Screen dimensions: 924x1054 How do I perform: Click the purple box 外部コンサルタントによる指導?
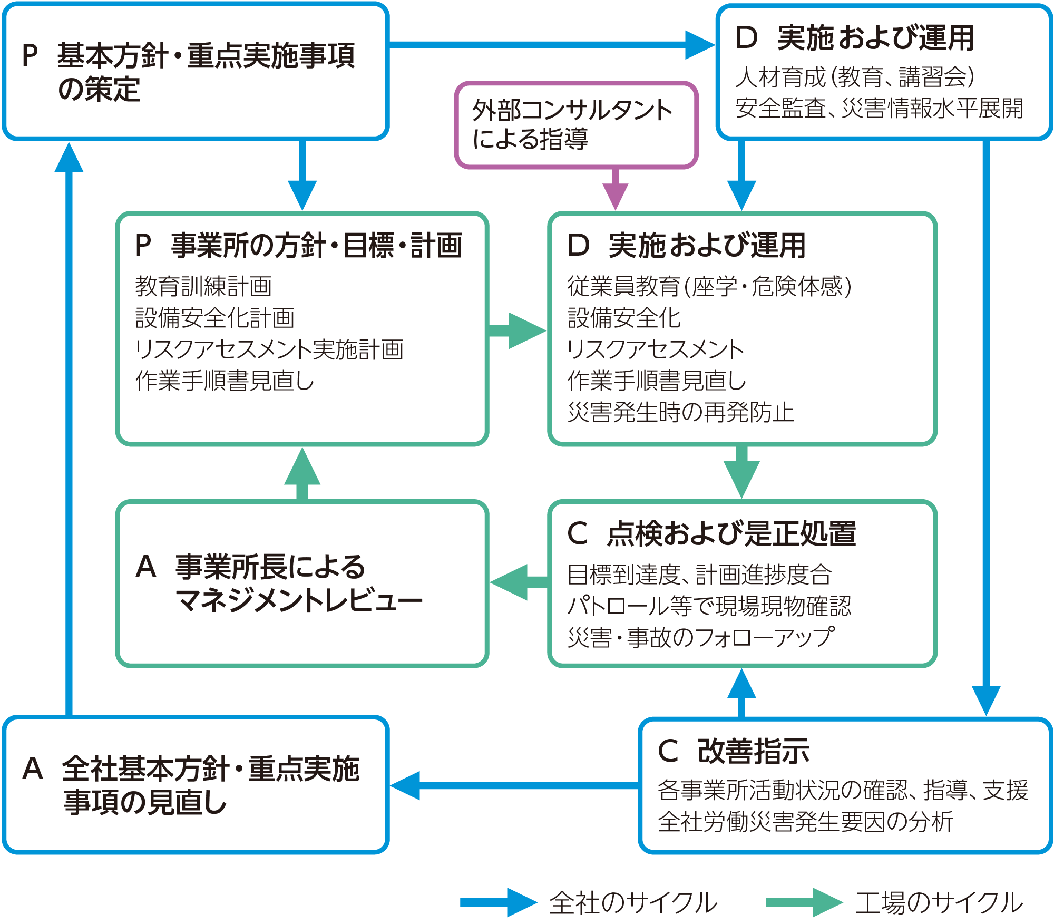[x=576, y=125]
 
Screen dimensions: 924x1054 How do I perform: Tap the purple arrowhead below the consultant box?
[x=615, y=196]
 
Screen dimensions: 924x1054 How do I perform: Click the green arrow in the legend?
[x=803, y=902]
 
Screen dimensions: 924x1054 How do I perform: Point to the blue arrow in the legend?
[x=497, y=902]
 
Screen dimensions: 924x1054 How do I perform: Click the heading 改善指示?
[x=753, y=751]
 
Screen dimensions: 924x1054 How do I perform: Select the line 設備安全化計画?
[x=215, y=318]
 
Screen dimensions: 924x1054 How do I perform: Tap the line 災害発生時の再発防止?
[x=680, y=412]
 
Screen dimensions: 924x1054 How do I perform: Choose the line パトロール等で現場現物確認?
[x=709, y=606]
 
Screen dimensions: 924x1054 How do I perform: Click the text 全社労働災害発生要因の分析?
[x=806, y=822]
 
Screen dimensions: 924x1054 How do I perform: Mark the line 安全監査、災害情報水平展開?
[x=879, y=109]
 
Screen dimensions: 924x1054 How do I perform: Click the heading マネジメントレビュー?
[x=299, y=600]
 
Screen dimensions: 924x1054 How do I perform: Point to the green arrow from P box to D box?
[x=517, y=330]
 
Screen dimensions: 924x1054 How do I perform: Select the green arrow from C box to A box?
[x=519, y=582]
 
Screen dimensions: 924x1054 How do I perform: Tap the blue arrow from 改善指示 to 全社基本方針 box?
[x=514, y=785]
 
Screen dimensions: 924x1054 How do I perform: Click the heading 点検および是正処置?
[x=731, y=533]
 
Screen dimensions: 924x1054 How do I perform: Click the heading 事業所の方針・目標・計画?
[x=316, y=246]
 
